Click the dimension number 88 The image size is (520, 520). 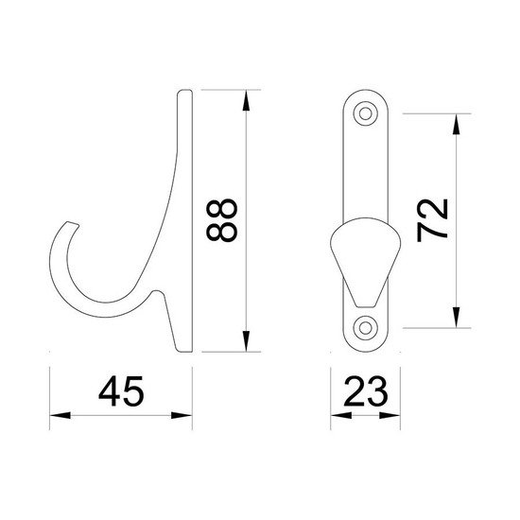[x=222, y=220]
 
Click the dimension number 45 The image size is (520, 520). [x=121, y=391]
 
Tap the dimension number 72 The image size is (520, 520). [x=432, y=220]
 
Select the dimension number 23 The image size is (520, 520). [x=366, y=391]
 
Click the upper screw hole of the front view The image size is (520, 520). [x=366, y=113]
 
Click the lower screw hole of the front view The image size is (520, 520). [x=366, y=328]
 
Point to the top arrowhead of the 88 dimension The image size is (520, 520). [x=246, y=100]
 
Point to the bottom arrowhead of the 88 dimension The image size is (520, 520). [x=246, y=341]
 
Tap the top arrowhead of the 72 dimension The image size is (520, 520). [x=457, y=124]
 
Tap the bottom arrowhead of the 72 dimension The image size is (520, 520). [x=457, y=318]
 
